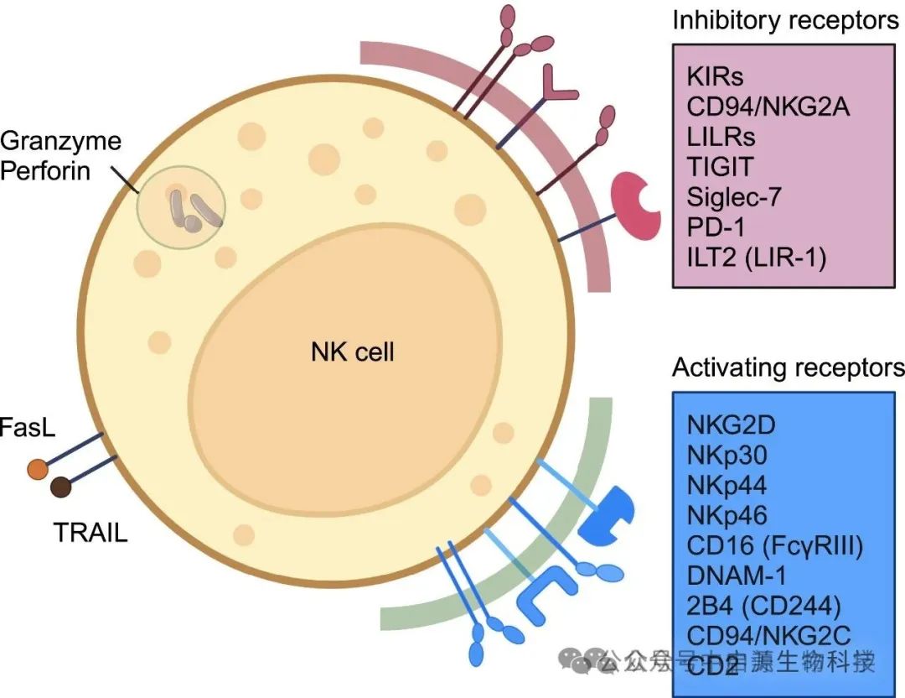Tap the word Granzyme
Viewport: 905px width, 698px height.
(61, 140)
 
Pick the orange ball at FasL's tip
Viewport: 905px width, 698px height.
(37, 470)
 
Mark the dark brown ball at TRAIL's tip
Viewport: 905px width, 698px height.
(60, 487)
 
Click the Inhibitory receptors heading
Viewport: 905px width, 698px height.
(785, 20)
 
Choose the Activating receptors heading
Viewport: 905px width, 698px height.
(788, 368)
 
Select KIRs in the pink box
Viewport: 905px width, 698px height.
(715, 77)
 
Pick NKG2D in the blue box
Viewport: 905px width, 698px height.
(731, 425)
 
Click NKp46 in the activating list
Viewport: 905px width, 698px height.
(727, 515)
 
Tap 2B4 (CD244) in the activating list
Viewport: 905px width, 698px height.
(763, 606)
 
